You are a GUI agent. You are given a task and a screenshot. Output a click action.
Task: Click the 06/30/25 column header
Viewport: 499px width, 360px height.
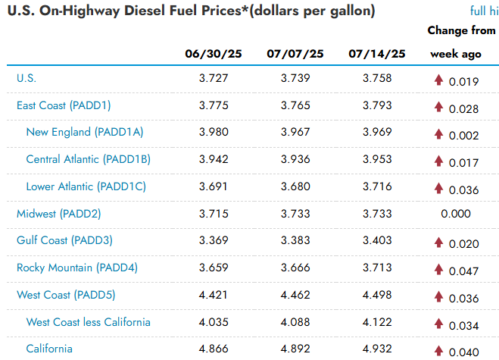[x=214, y=54]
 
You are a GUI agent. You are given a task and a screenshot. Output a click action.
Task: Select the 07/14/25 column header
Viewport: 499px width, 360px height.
[x=377, y=54]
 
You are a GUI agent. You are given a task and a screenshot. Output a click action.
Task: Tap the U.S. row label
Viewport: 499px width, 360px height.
[x=27, y=78]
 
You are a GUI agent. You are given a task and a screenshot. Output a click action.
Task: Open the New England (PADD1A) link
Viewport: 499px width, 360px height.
[x=85, y=132]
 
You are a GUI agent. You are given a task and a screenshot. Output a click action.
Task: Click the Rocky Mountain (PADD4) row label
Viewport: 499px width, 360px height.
[x=77, y=268]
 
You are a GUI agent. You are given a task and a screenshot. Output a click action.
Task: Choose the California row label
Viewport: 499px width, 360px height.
[x=49, y=349]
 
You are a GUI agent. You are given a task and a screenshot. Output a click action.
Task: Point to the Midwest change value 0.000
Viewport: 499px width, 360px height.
[x=456, y=214]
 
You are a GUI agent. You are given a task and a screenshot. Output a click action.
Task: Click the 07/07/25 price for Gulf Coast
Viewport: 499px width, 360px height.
[x=295, y=240]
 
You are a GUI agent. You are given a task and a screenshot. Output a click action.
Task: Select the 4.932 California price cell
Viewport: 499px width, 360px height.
[x=377, y=349]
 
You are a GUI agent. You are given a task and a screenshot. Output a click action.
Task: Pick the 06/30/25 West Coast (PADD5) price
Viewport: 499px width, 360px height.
[x=214, y=295]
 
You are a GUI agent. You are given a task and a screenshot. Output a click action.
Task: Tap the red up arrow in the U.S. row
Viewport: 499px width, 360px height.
[x=439, y=80]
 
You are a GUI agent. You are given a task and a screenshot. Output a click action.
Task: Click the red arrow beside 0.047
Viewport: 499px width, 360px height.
[x=439, y=269]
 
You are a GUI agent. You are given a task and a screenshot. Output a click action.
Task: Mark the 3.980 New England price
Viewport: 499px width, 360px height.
[x=214, y=132]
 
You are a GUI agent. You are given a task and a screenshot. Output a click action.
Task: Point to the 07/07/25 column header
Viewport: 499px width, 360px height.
[x=295, y=54]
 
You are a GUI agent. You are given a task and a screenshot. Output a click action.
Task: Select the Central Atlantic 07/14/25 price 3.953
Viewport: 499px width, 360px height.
[x=377, y=159]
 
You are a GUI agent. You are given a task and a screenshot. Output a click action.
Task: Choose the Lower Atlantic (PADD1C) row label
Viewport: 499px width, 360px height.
[x=86, y=186]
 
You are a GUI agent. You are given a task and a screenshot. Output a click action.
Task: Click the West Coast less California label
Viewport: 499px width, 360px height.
[x=88, y=322]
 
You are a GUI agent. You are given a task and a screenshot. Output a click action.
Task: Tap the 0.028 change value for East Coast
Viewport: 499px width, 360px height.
[x=463, y=109]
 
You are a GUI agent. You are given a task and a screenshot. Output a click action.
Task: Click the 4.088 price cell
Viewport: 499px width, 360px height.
[x=295, y=322]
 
